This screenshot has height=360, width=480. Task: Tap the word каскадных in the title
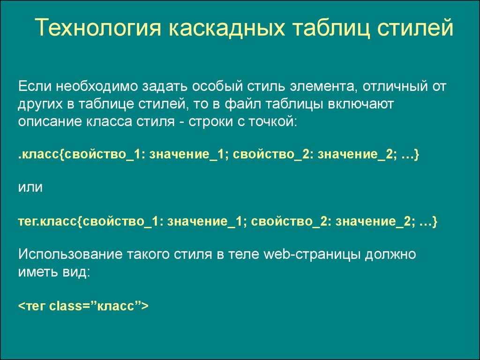[x=226, y=27]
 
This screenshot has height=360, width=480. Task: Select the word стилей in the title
[x=415, y=27]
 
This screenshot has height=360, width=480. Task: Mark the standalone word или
[x=30, y=187]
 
